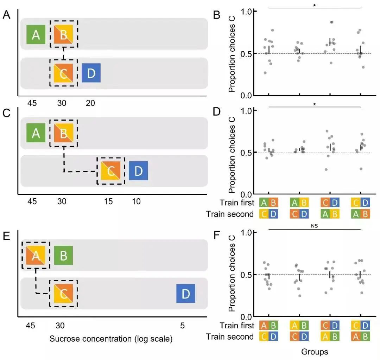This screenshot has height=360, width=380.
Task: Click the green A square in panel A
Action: coord(36,34)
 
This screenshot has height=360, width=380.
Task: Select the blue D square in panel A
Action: coord(91,73)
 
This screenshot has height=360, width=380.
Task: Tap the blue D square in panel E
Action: coord(186,294)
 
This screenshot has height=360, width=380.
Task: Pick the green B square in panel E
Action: coord(63,255)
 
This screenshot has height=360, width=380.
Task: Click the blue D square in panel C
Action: coord(138,171)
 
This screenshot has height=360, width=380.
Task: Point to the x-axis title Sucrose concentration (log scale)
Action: coord(111,339)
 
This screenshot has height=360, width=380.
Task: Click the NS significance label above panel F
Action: coord(315,226)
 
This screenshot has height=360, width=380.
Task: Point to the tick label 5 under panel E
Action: coord(182,326)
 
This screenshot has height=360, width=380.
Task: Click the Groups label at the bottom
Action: coord(315,351)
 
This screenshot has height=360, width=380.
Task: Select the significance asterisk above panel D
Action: coord(315,105)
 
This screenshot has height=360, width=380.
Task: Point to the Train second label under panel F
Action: coord(230,336)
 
